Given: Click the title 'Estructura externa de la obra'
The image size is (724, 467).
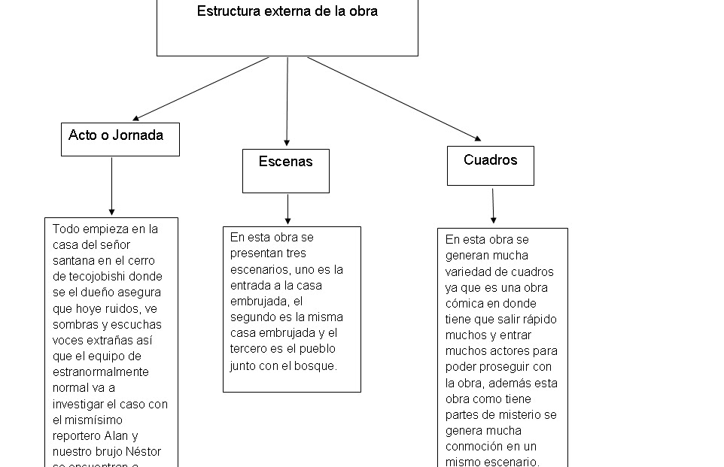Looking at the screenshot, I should pyautogui.click(x=287, y=11).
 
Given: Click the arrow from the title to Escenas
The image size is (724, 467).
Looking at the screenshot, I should pyautogui.click(x=287, y=102).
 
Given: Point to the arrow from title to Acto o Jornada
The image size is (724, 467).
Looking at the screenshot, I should pyautogui.click(x=200, y=89).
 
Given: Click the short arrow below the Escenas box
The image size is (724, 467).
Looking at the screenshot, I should pyautogui.click(x=287, y=209).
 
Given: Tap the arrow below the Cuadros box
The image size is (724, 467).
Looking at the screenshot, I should pyautogui.click(x=493, y=205).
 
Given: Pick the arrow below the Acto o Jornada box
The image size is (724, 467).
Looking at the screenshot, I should pyautogui.click(x=111, y=186).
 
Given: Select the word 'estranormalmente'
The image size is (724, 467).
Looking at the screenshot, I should pyautogui.click(x=101, y=372).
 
